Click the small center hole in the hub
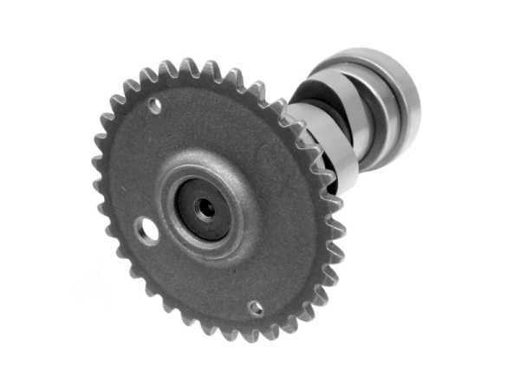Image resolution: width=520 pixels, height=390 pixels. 205,208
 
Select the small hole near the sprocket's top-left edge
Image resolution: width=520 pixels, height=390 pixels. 154,106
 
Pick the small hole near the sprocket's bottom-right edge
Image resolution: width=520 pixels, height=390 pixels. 256,307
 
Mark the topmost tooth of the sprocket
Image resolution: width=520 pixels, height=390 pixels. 186,67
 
